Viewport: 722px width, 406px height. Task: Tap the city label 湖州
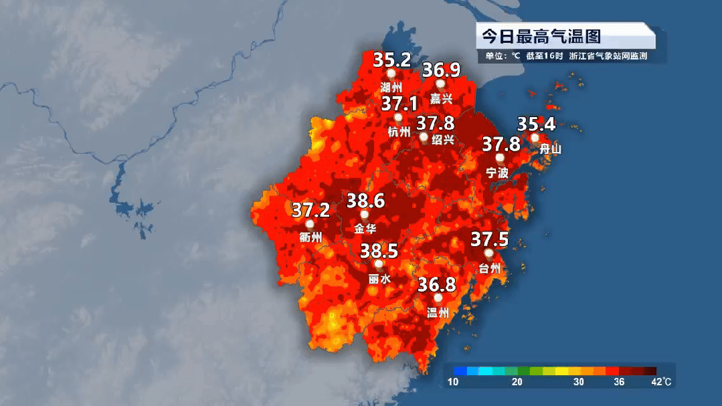391,88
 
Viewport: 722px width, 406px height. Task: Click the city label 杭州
399,132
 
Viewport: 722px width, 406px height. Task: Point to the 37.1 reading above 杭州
399,104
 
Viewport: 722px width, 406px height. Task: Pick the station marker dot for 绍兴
424,137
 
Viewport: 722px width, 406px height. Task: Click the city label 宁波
497,173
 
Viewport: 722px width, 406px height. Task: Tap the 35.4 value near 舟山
537,124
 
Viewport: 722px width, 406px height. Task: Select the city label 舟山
550,149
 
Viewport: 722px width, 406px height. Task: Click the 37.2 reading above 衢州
311,210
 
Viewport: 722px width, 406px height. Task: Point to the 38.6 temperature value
365,200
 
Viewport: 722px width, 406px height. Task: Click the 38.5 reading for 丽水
379,251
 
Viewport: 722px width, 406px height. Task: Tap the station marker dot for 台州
489,254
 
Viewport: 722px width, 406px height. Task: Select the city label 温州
438,312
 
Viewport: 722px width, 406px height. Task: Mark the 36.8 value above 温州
437,284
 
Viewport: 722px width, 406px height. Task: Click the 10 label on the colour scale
453,382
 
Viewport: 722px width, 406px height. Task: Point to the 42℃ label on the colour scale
662,382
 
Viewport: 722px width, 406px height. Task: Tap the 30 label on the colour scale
579,382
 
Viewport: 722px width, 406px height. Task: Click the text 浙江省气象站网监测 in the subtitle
608,56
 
